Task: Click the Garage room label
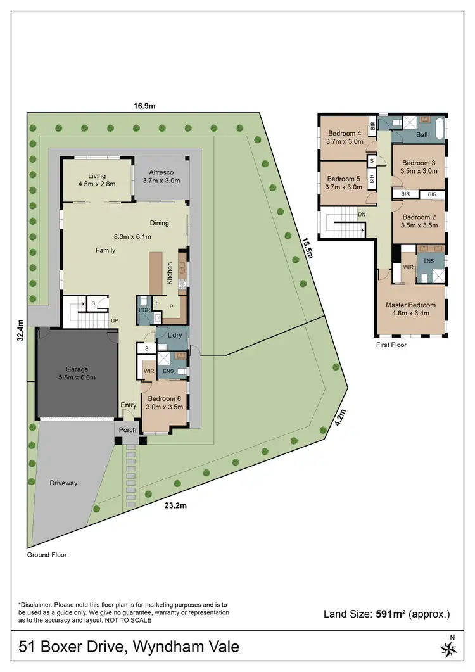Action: click(77, 369)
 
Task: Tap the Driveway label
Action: click(63, 483)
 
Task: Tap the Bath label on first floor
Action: click(422, 135)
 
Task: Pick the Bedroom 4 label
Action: click(345, 133)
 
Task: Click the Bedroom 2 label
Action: click(419, 217)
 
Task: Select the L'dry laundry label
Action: click(158, 334)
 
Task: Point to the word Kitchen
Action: click(170, 273)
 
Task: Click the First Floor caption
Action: click(391, 345)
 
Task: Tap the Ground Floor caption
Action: click(46, 555)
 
